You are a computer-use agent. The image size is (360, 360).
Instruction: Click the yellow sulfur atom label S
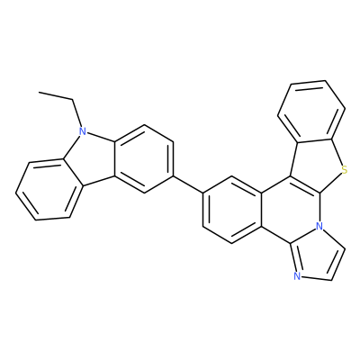[345, 171]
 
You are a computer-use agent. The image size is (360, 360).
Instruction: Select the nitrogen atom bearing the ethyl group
[82, 131]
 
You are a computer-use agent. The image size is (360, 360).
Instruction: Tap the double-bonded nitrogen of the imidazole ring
[297, 276]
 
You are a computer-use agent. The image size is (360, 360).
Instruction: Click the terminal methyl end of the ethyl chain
[39, 93]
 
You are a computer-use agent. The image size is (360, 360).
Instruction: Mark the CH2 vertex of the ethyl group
[73, 99]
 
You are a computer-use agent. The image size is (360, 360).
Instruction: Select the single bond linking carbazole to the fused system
[188, 184]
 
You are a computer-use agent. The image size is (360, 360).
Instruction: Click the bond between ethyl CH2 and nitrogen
[77, 113]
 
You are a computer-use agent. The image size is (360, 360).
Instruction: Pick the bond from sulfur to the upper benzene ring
[337, 153]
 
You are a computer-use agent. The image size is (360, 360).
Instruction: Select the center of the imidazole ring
[317, 255]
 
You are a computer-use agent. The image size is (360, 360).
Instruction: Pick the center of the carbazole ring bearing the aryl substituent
[144, 159]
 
